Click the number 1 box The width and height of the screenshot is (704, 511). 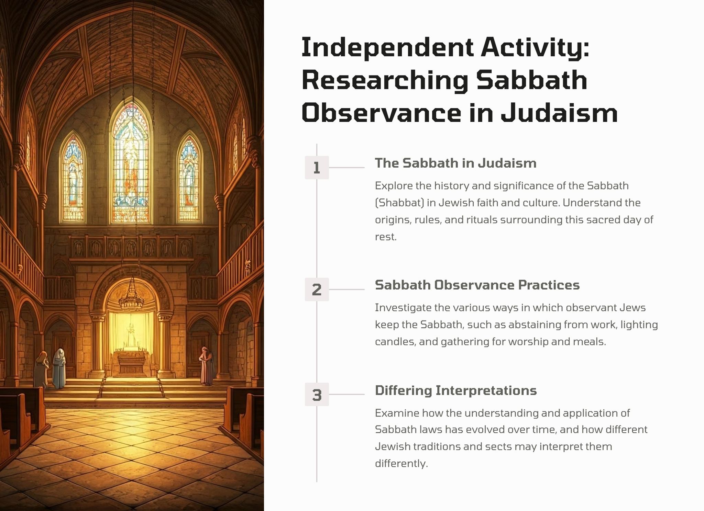317,168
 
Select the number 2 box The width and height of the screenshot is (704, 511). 317,289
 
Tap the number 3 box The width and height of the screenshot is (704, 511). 317,395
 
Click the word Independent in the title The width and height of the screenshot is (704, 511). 387,48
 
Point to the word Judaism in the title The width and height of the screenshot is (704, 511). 559,113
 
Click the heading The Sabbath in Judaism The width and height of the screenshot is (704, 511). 455,163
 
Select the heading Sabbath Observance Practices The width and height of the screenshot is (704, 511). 477,285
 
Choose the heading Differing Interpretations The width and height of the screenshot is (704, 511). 456,390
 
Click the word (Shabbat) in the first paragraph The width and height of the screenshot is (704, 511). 399,203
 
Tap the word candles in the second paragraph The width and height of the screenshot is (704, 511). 395,342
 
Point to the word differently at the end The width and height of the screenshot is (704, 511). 401,464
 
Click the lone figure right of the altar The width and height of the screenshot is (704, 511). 206,366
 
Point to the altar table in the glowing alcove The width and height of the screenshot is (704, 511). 131,362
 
